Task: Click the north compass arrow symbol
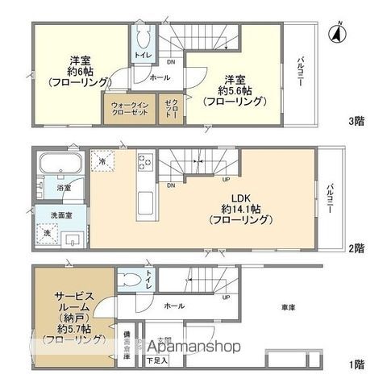335,32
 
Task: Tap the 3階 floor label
355,122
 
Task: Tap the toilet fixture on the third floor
144,37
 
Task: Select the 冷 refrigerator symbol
103,160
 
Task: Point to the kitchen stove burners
145,161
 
